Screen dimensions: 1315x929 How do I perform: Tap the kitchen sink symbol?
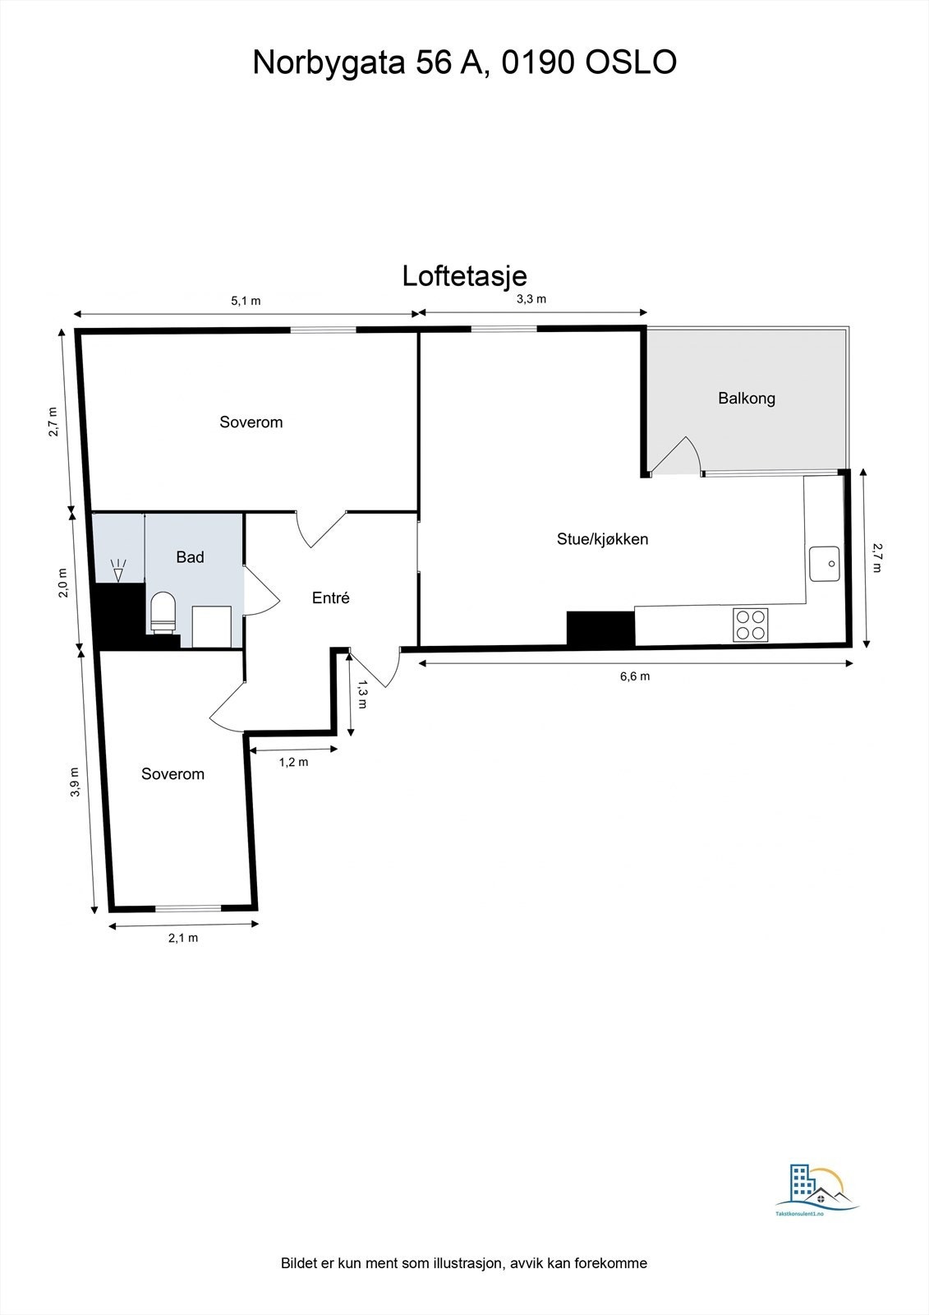pos(824,563)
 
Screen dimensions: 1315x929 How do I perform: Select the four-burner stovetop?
pos(751,624)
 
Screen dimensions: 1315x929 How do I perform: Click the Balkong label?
pos(746,399)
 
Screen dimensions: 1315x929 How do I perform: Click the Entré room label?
pos(330,598)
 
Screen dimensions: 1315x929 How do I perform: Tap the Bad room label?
pos(190,557)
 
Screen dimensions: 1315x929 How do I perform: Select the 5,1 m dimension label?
pos(246,301)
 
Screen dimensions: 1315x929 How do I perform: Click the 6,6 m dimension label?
pos(634,676)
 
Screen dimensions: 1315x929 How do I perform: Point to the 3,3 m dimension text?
pos(531,299)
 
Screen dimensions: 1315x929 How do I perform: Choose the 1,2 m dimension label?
pos(293,762)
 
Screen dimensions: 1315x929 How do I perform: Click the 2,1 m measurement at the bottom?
pos(182,938)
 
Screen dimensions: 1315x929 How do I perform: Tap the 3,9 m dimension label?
pos(75,782)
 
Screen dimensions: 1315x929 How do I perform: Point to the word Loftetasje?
pos(464,276)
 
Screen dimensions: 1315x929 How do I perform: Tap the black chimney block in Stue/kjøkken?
pos(600,629)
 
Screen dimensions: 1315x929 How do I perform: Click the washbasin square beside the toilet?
pos(211,626)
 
